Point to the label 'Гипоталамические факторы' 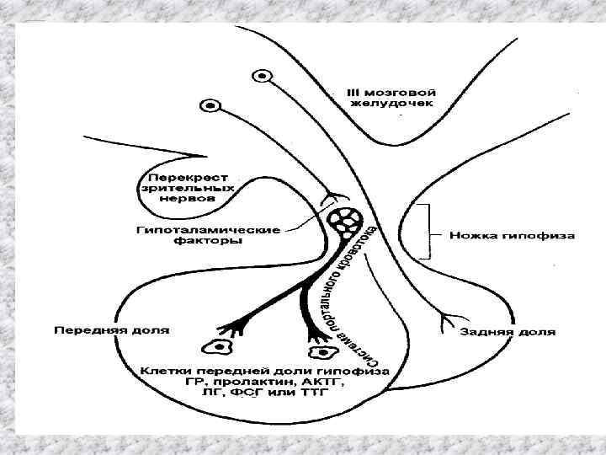(x=188, y=233)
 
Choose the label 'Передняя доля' (x=111, y=329)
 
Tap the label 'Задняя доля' (x=507, y=332)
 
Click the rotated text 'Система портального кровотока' (x=345, y=295)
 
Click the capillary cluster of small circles (x=346, y=222)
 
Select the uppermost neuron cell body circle (x=263, y=76)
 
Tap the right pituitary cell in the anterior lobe (x=320, y=354)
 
